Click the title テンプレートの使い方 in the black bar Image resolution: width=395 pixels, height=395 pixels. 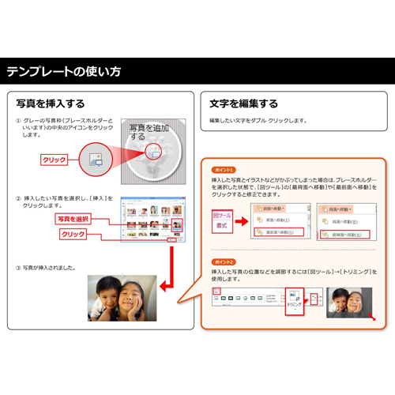click(x=64, y=72)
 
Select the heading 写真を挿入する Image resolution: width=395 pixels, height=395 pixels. click(x=51, y=103)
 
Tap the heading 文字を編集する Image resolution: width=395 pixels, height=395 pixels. click(x=243, y=103)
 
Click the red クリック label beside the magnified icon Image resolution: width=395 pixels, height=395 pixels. click(x=54, y=160)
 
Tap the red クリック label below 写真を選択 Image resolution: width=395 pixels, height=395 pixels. click(x=73, y=235)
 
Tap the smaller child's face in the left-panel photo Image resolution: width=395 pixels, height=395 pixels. click(x=103, y=297)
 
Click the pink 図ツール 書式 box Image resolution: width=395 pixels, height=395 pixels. click(x=221, y=220)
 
